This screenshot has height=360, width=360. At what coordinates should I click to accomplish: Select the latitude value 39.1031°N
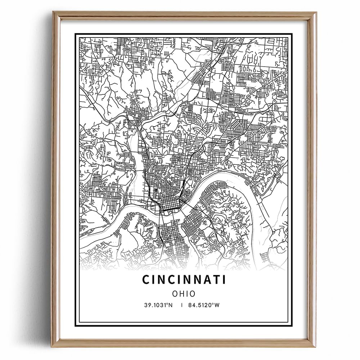pos(157,305)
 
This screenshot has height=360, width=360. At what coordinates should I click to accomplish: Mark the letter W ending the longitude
pos(217,305)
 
